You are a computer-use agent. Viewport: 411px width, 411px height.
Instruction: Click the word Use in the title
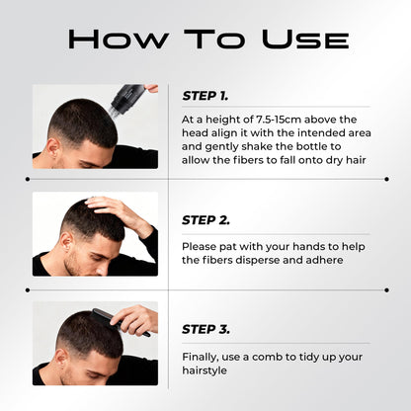pos(305,40)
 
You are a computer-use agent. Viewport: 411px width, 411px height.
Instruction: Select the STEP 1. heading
pos(205,96)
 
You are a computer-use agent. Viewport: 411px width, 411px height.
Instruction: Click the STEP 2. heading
pos(205,220)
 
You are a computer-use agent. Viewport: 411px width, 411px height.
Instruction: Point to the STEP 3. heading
pos(205,329)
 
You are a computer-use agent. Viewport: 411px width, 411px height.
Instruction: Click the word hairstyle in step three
pos(205,370)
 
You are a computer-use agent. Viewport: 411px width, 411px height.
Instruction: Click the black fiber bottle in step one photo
pos(127,98)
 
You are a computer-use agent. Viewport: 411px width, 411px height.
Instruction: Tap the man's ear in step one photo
pos(53,147)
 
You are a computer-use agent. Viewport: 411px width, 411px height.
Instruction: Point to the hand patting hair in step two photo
pos(121,212)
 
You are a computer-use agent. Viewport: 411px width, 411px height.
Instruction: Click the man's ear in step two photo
pos(66,242)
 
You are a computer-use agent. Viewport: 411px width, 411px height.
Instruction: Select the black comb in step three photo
pos(120,322)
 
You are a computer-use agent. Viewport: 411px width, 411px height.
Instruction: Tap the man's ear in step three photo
pos(61,359)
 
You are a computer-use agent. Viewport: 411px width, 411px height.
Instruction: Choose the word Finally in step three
pos(201,358)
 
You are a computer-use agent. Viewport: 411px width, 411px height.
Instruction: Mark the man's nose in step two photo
pos(102,270)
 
